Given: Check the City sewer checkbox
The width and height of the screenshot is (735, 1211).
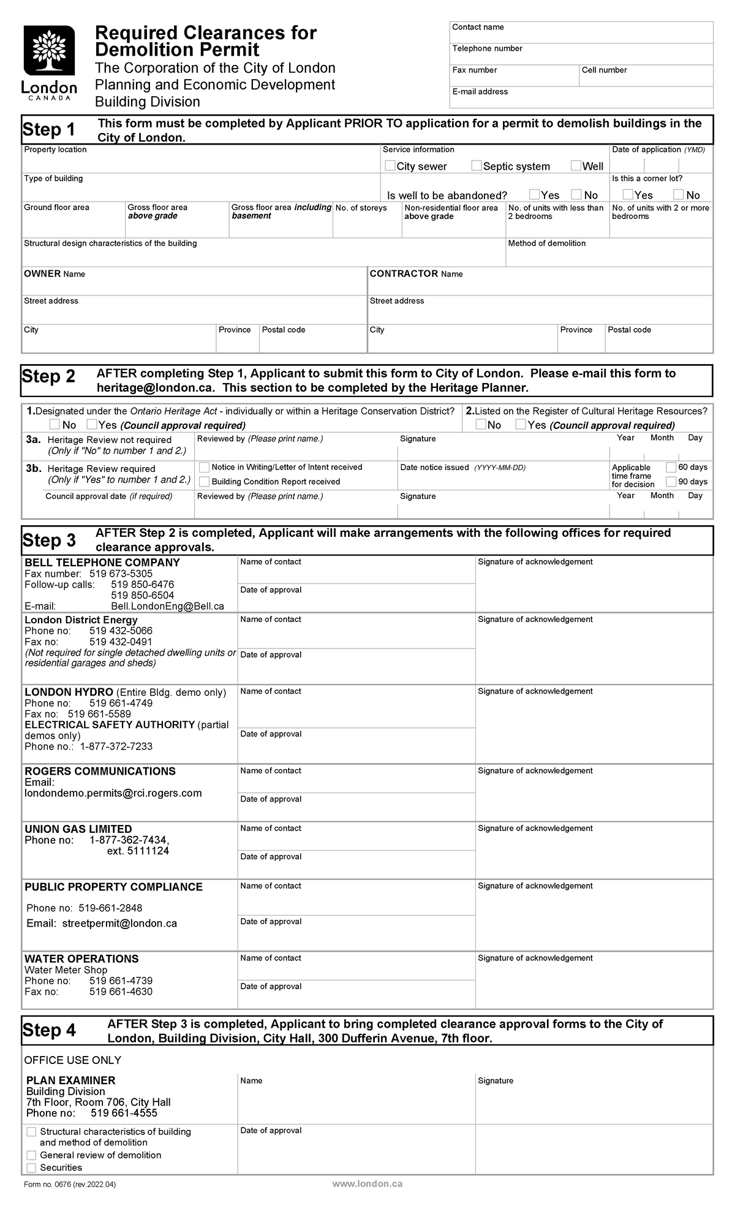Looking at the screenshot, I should pyautogui.click(x=390, y=165).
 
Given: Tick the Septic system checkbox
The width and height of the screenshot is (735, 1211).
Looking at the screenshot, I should pyautogui.click(x=477, y=165).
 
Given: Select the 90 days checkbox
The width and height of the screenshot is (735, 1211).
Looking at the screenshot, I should pyautogui.click(x=671, y=482).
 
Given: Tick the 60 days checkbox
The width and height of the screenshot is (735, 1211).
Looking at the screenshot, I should pyautogui.click(x=671, y=467).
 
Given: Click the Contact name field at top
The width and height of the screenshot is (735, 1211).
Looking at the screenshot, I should pyautogui.click(x=582, y=35).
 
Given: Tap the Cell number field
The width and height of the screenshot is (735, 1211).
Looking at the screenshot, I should pyautogui.click(x=646, y=79).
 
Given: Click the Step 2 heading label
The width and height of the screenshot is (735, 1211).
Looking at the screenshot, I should pyautogui.click(x=49, y=376).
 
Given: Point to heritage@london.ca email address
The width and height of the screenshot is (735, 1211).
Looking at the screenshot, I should pyautogui.click(x=156, y=388).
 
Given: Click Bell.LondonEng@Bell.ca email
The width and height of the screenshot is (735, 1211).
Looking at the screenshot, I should pyautogui.click(x=167, y=606).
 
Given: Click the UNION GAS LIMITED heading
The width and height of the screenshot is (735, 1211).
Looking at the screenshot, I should pyautogui.click(x=78, y=829).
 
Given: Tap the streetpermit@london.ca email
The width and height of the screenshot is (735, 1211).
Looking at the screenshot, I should pyautogui.click(x=119, y=924).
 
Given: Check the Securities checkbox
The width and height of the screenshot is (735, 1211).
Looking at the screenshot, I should pyautogui.click(x=31, y=1168).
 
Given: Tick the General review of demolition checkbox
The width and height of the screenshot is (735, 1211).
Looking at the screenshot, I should pyautogui.click(x=31, y=1155).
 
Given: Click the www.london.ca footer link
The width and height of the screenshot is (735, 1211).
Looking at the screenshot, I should pyautogui.click(x=367, y=1184).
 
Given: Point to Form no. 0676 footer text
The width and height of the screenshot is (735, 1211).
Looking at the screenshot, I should pyautogui.click(x=70, y=1185).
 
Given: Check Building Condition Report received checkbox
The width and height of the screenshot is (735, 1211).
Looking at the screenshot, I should pyautogui.click(x=205, y=482).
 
